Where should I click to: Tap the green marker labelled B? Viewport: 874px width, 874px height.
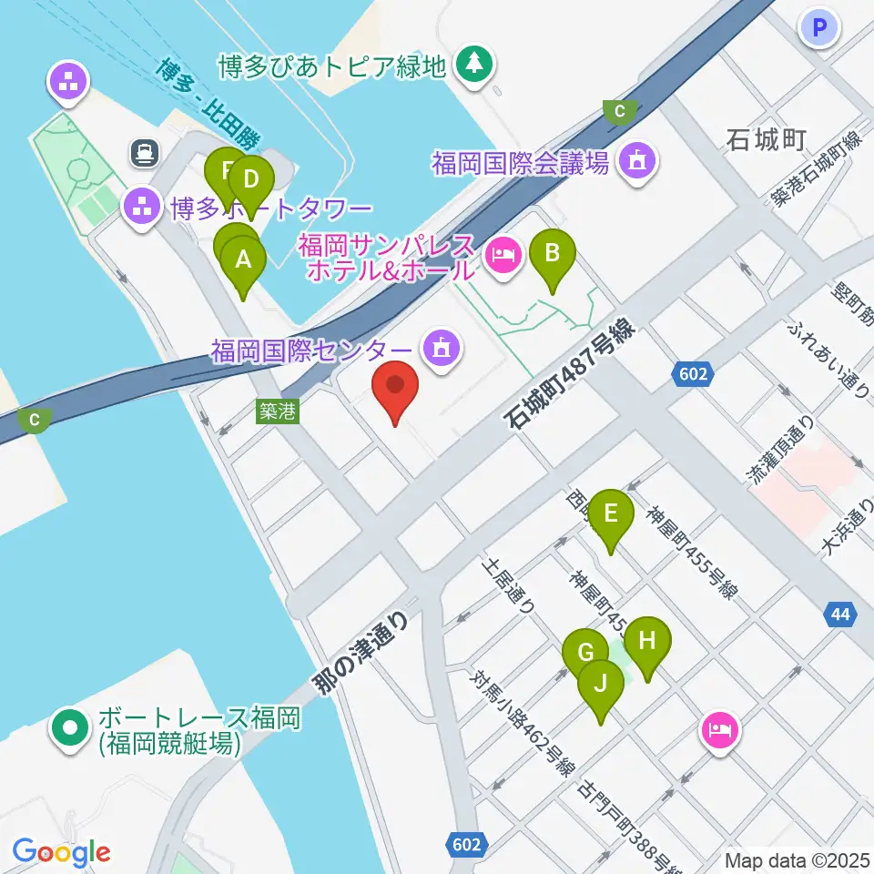[553, 254]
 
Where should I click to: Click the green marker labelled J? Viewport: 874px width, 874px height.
[601, 684]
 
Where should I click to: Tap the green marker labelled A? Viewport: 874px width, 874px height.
[243, 260]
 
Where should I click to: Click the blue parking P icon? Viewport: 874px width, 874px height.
[818, 27]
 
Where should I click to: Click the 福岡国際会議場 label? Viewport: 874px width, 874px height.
[520, 164]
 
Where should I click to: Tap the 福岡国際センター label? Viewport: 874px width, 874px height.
[311, 351]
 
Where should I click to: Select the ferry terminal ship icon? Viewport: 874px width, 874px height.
[144, 153]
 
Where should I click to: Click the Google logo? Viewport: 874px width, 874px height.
[61, 853]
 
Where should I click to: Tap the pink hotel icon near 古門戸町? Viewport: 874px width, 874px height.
[719, 728]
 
